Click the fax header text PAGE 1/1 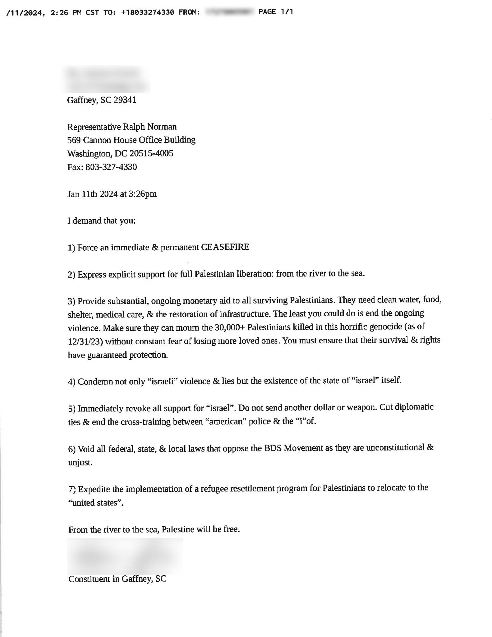276,12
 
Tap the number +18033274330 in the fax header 148,12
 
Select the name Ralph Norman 150,127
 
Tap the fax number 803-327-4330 111,167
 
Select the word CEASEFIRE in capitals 225,247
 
